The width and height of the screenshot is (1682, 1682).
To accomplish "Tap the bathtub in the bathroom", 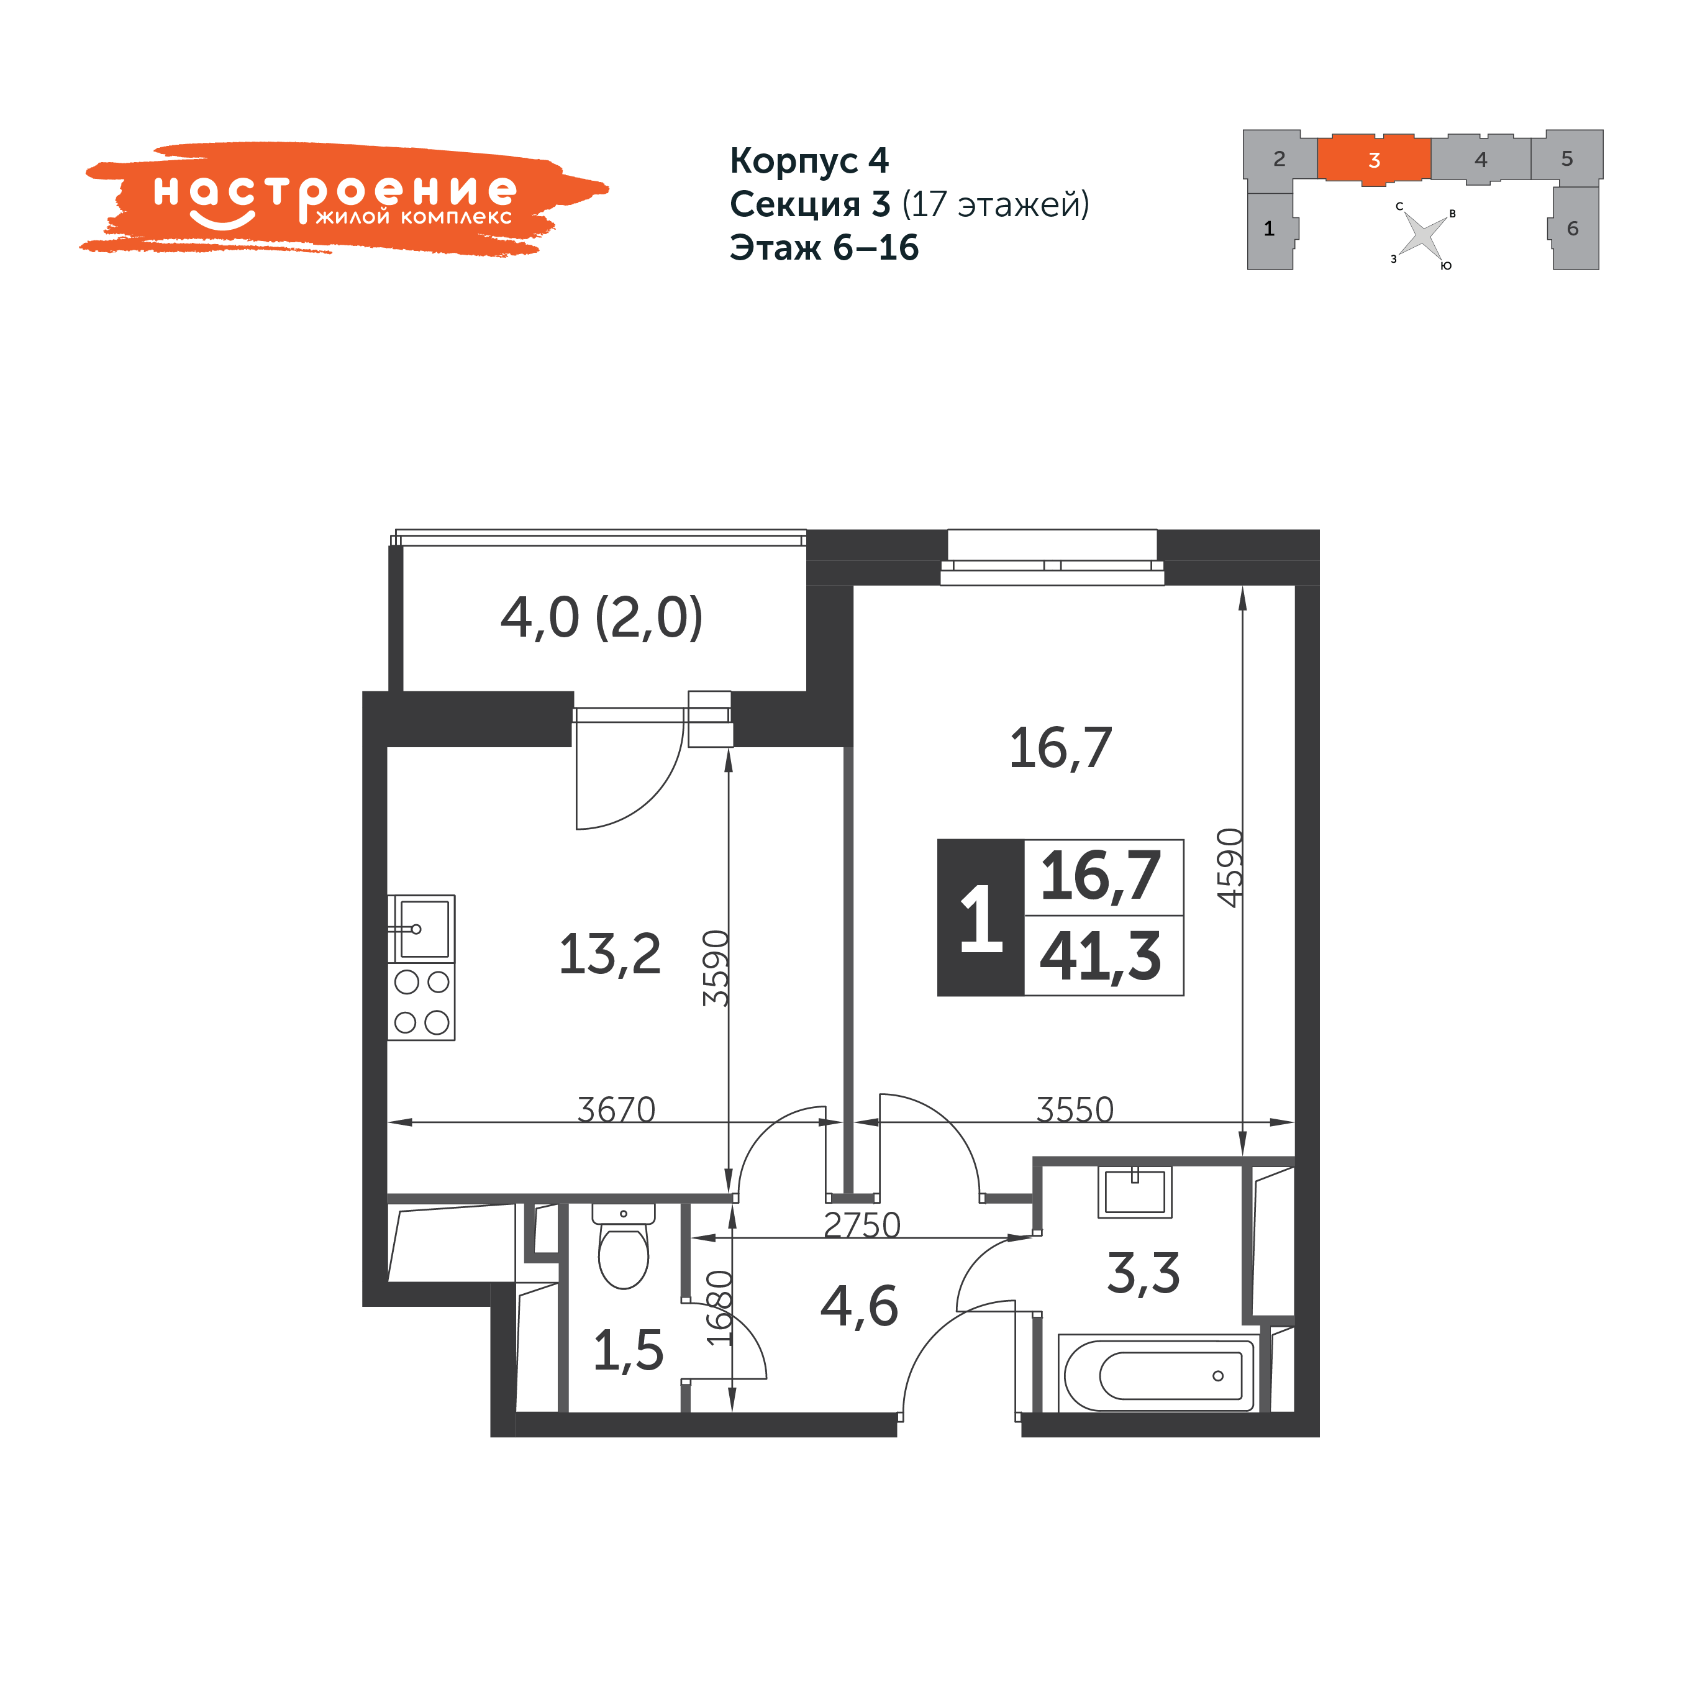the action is click(1158, 1375).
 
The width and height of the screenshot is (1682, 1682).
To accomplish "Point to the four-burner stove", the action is click(421, 1002).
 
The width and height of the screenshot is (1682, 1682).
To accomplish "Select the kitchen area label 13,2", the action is click(609, 954).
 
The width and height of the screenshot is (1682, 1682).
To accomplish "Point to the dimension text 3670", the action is click(616, 1109).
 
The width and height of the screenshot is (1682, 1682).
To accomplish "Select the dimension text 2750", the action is click(862, 1225).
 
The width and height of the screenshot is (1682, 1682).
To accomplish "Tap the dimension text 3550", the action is click(1075, 1109).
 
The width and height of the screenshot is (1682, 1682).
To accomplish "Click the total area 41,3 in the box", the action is click(1101, 957).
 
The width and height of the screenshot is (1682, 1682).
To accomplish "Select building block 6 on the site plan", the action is click(1574, 228).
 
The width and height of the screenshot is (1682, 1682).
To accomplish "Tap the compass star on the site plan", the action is click(1422, 235).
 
